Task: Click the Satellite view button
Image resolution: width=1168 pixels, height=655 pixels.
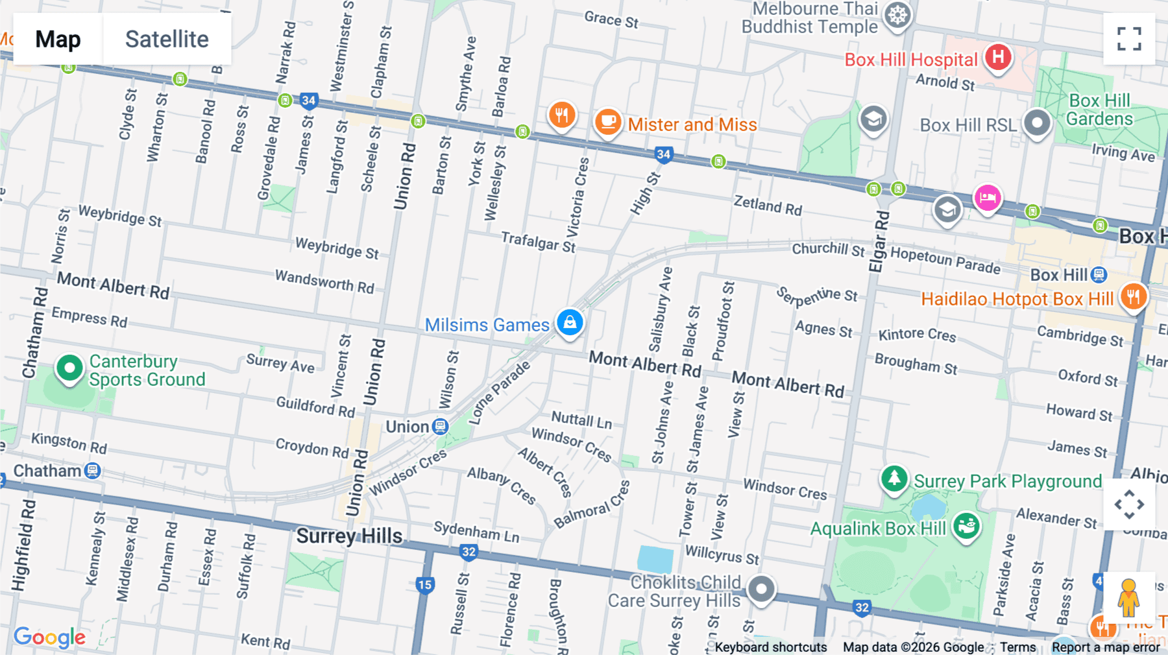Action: coord(167,39)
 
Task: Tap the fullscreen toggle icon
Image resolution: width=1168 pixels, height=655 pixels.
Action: coord(1129,39)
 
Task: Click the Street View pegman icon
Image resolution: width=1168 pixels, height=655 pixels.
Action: coord(1128,597)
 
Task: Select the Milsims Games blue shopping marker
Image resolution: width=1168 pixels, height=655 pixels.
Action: coord(570,322)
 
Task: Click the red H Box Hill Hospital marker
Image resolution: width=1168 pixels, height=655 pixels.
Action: coord(998,57)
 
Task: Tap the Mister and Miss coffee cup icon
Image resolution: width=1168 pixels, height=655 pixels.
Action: coord(608,121)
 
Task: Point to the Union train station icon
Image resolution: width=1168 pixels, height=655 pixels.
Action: coord(441,426)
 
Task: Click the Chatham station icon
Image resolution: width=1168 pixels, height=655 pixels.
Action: coord(93,470)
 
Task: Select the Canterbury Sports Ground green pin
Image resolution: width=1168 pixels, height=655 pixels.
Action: coord(69,368)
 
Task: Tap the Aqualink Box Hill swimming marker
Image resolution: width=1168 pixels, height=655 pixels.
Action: coord(966,525)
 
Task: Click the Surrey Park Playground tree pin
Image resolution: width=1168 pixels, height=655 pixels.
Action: coord(894,479)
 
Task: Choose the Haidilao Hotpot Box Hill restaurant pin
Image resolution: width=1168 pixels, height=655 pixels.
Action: coord(1133,297)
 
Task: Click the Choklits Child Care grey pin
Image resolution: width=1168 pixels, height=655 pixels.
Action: coord(760,589)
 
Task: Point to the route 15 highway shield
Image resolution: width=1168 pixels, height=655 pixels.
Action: coord(424,584)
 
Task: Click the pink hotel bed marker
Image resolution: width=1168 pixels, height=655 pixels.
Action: coord(987,197)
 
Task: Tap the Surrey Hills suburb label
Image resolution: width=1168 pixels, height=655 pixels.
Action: coord(349,536)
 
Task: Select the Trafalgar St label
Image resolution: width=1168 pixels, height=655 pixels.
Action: coord(538,242)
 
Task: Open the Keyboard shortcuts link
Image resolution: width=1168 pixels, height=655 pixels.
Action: coord(770,647)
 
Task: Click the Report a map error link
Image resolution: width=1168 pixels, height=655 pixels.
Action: coord(1105,647)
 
